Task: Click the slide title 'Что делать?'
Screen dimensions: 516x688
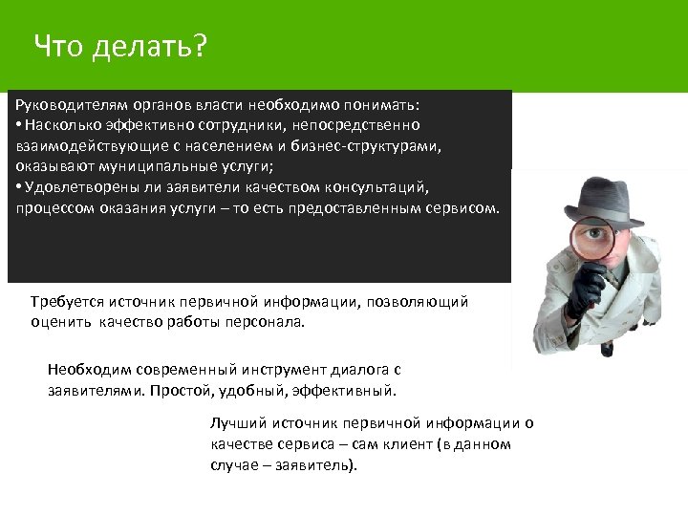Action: click(118, 45)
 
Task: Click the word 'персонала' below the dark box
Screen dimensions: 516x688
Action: click(267, 322)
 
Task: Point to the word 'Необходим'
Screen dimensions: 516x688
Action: click(84, 370)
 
